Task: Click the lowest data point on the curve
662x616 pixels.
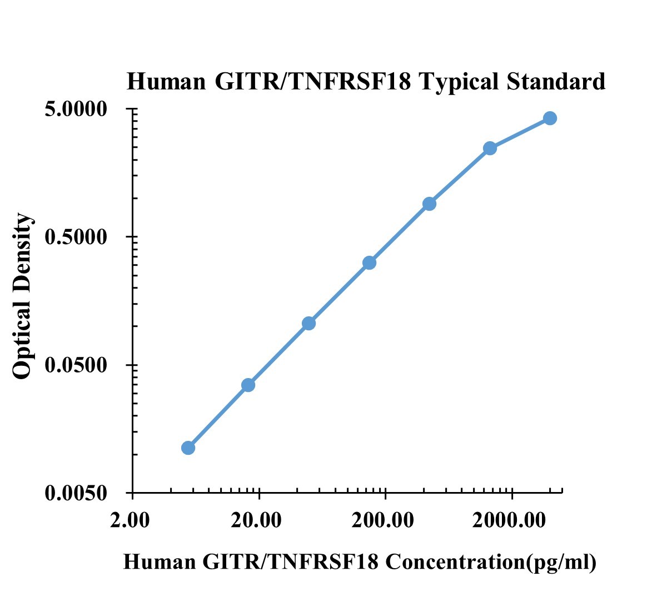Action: pyautogui.click(x=188, y=448)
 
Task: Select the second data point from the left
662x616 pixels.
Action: pyautogui.click(x=248, y=385)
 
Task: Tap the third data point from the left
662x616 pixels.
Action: pyautogui.click(x=309, y=323)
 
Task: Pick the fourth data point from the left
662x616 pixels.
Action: pyautogui.click(x=370, y=262)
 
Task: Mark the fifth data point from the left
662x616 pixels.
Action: pyautogui.click(x=429, y=203)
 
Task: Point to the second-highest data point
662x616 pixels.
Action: pyautogui.click(x=490, y=148)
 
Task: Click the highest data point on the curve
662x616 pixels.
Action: pyautogui.click(x=550, y=118)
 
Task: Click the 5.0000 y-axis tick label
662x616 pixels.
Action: pyautogui.click(x=76, y=109)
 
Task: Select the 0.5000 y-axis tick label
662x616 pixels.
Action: pyautogui.click(x=76, y=237)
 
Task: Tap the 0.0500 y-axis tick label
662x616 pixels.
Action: pyautogui.click(x=76, y=365)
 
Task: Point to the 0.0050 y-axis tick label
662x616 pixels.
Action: pyautogui.click(x=76, y=493)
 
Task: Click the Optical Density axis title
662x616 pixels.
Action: pyautogui.click(x=23, y=296)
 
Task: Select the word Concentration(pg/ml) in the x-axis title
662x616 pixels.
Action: pyautogui.click(x=491, y=562)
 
